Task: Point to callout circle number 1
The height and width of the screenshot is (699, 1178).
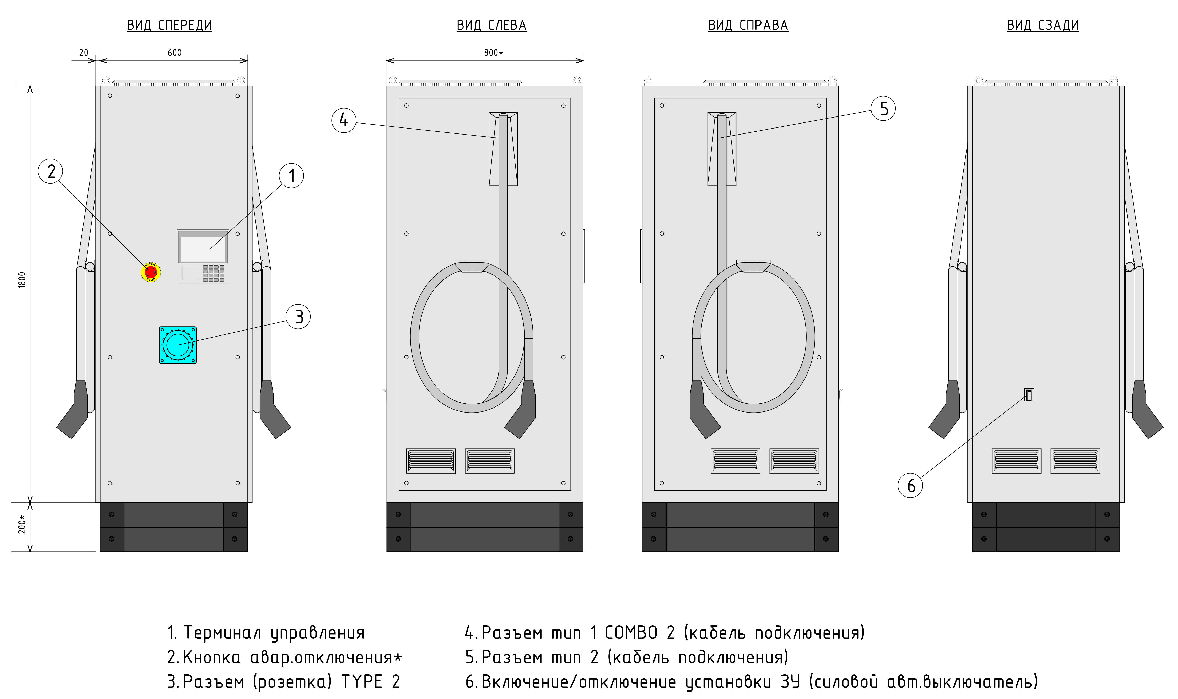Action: [x=292, y=176]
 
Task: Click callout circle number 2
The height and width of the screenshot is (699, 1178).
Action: [x=51, y=171]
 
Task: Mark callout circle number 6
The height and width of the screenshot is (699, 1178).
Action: [x=910, y=486]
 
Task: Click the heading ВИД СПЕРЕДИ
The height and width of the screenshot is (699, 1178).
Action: [x=169, y=25]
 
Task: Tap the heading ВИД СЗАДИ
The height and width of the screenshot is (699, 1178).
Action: [x=1042, y=25]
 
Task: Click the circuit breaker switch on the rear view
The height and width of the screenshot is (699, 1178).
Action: [x=1029, y=395]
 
